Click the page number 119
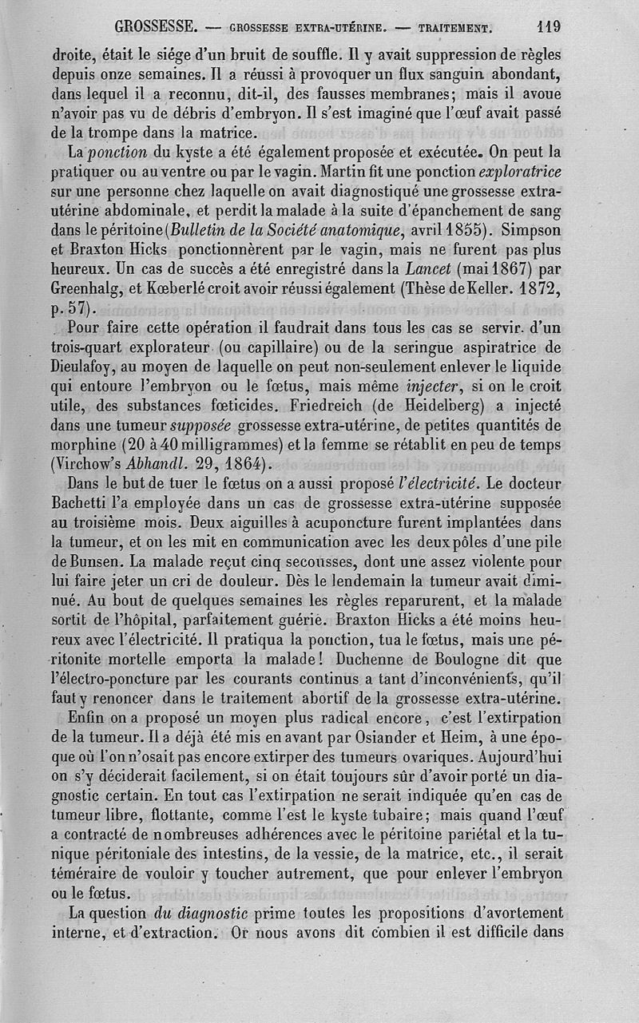pos(549,26)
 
